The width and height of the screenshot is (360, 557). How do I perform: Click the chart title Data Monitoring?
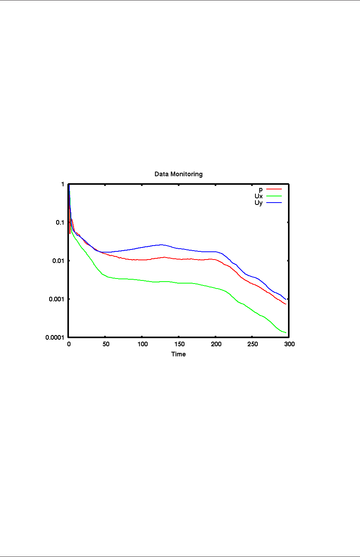[x=178, y=174]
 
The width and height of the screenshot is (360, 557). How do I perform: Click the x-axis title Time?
[x=178, y=354]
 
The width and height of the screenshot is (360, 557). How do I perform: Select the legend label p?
[x=261, y=189]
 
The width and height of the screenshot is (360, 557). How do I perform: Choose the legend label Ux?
[x=259, y=196]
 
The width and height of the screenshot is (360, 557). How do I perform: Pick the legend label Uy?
[x=259, y=203]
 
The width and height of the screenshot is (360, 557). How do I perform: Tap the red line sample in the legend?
[x=274, y=189]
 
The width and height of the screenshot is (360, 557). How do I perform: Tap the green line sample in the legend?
[x=274, y=196]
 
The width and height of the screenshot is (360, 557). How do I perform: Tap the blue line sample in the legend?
[x=274, y=203]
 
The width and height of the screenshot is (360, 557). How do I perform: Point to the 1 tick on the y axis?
[x=63, y=184]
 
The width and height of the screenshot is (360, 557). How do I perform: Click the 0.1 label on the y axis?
[x=60, y=222]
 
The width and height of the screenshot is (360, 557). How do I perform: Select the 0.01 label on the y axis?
[x=58, y=261]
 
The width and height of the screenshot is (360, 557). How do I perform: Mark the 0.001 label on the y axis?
[x=57, y=299]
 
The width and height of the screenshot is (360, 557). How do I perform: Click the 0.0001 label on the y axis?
[x=55, y=337]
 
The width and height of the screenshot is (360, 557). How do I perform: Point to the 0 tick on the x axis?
[x=69, y=344]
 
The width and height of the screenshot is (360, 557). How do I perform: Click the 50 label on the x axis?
[x=106, y=344]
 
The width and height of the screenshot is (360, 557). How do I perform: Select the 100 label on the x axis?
[x=142, y=344]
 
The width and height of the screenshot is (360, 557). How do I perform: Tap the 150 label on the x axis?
[x=179, y=344]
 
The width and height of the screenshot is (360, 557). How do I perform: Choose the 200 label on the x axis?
[x=216, y=344]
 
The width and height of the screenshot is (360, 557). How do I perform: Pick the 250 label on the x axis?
[x=253, y=344]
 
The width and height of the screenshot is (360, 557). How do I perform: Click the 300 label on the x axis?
[x=289, y=344]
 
